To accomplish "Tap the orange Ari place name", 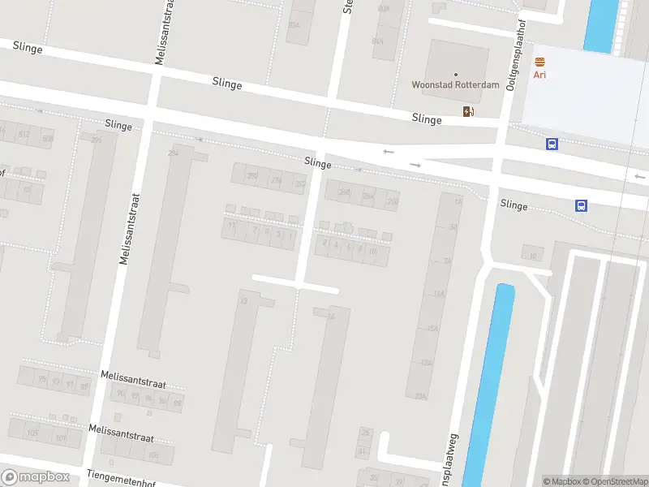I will [539, 75].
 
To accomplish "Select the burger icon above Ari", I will [539, 62].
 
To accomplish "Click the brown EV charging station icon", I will [467, 111].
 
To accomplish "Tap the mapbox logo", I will [36, 477].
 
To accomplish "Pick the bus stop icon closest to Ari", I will [552, 144].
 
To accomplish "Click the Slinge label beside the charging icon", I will [427, 119].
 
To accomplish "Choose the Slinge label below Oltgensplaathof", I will [514, 205].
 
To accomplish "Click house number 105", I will [32, 433].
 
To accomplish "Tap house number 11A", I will [440, 294].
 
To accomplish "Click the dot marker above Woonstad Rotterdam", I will [455, 73].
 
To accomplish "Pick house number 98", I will [177, 402].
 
